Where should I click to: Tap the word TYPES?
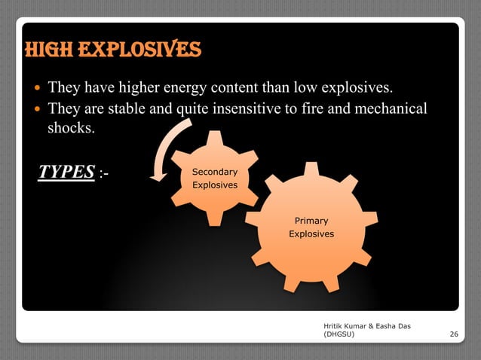point(66,172)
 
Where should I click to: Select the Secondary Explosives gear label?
point(215,178)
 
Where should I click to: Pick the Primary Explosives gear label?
point(311,227)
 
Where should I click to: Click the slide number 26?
point(453,333)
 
